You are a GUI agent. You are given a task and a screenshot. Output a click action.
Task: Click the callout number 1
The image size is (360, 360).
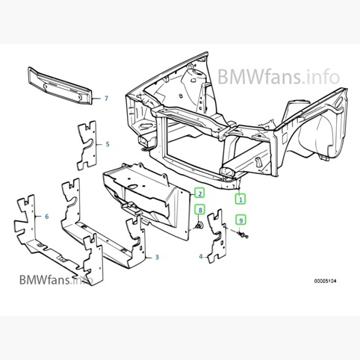(240, 199)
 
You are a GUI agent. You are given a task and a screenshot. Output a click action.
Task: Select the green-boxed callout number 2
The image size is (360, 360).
(199, 193)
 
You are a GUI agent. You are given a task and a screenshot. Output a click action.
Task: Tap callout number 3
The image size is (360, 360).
(157, 257)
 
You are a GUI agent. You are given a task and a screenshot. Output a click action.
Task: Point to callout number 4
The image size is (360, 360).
(201, 256)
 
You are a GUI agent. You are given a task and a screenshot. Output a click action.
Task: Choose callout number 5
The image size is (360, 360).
(108, 144)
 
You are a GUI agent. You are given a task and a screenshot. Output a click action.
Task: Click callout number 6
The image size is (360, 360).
(47, 217)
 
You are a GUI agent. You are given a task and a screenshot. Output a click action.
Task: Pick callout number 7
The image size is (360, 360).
(106, 99)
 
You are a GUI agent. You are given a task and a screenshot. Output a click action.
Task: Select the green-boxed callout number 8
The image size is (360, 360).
(200, 210)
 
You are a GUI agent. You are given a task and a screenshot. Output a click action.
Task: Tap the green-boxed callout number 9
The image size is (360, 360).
(240, 220)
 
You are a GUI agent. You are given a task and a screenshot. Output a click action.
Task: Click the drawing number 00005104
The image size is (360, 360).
(325, 281)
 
